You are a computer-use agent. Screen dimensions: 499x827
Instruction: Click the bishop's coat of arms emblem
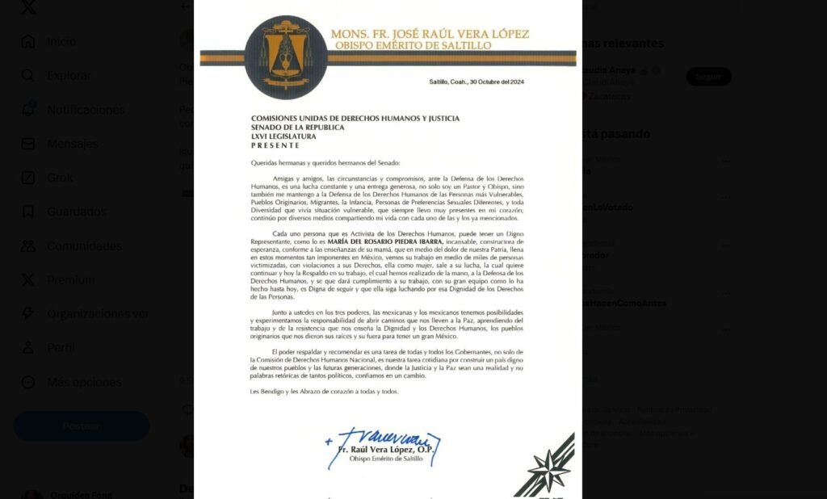[x=286, y=57]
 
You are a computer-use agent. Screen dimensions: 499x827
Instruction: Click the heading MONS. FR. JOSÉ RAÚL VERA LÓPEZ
[x=430, y=34]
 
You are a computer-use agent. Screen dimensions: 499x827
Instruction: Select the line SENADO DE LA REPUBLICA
[x=298, y=128]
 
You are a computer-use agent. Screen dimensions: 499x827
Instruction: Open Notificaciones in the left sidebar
[x=86, y=110]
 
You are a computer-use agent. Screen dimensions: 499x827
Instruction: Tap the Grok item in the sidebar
[x=60, y=178]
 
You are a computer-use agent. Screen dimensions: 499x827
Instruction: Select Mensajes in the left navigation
[x=73, y=144]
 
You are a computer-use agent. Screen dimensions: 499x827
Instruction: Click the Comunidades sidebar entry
[x=84, y=246]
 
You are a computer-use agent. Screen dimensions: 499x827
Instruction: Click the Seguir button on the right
[x=708, y=77]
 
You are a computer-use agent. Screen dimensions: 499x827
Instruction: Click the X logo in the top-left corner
[x=27, y=7]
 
